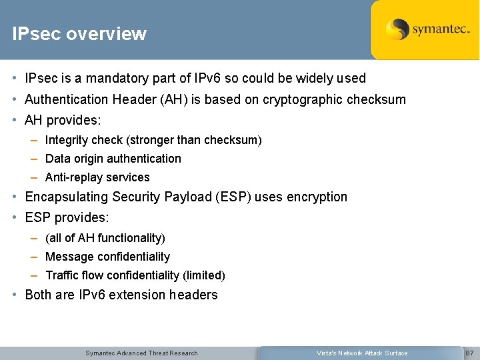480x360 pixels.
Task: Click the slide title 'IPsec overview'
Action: click(79, 34)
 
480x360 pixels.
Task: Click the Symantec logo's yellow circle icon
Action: click(397, 29)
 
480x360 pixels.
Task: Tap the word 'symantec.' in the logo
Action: click(441, 29)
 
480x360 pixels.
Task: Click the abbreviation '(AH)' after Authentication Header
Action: click(173, 99)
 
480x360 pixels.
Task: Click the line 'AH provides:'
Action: click(63, 121)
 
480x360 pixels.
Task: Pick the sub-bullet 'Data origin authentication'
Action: click(113, 159)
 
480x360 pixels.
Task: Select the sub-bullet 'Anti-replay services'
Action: click(97, 177)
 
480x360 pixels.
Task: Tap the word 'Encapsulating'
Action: click(67, 197)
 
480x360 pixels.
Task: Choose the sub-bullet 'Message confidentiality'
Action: click(107, 257)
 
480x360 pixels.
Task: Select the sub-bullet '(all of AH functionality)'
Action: click(105, 238)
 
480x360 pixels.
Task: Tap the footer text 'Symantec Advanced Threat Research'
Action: click(141, 353)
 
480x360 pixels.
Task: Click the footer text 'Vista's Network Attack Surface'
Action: click(361, 353)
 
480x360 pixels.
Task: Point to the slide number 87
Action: click(469, 353)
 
